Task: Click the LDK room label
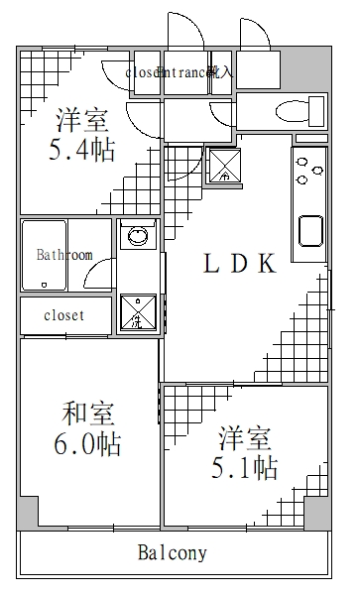point(238,263)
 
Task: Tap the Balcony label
point(173,552)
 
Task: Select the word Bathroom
point(64,255)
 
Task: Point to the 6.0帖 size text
point(87,444)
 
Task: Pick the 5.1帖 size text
point(242,467)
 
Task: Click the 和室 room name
point(85,411)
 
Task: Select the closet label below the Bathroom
point(63,315)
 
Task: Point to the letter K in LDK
point(266,263)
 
